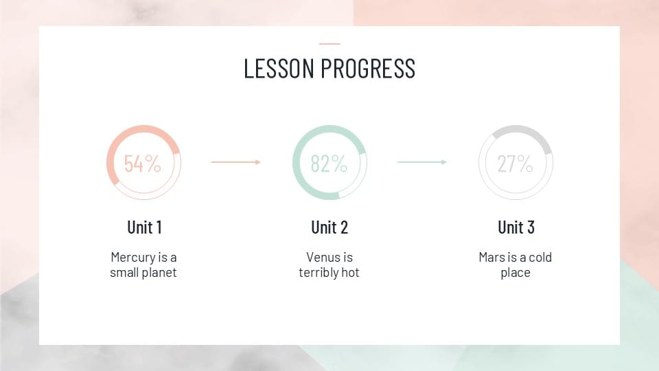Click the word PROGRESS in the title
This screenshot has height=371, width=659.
tap(368, 69)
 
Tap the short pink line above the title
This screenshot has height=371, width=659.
tap(329, 44)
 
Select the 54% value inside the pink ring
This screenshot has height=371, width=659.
tap(143, 164)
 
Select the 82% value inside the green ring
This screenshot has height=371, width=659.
tap(329, 164)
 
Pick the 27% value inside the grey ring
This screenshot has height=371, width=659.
tap(516, 164)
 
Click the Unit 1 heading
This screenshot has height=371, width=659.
tap(144, 227)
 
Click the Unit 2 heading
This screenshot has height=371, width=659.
tap(329, 227)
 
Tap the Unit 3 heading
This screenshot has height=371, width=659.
tap(516, 227)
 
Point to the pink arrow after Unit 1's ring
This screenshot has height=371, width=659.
tap(235, 162)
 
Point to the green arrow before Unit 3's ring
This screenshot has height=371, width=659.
tap(422, 162)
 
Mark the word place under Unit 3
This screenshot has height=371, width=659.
tap(516, 273)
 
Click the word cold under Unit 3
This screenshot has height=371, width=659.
tap(540, 257)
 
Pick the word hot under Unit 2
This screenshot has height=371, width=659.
tap(350, 273)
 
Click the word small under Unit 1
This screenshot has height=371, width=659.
tap(124, 273)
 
